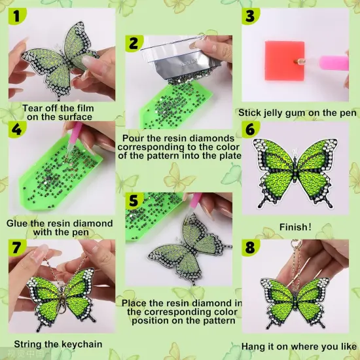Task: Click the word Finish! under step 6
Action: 295,227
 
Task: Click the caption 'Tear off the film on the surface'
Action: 58,112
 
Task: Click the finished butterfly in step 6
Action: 298,172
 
